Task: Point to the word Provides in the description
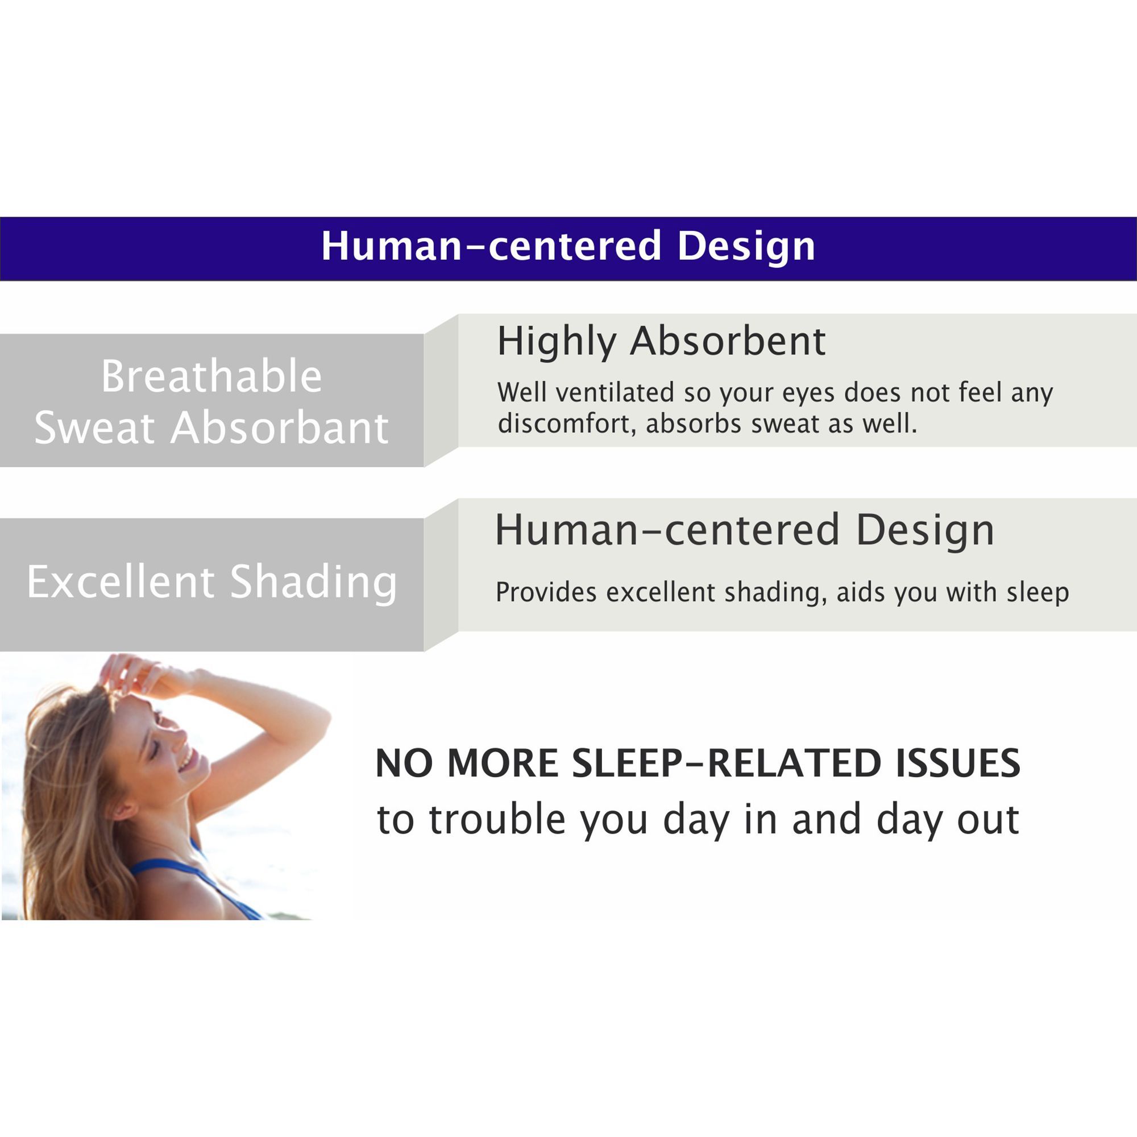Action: point(546,592)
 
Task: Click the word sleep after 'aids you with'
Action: point(1038,593)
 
